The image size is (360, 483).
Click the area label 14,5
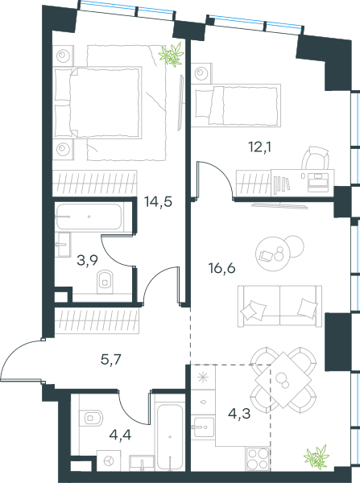158,202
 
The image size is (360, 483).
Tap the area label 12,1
260,147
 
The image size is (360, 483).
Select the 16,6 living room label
222,268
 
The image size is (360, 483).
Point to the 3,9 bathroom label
87,261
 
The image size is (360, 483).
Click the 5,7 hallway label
111,359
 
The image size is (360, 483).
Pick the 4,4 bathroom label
120,435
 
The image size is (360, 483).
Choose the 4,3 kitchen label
239,414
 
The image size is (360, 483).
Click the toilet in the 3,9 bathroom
106,282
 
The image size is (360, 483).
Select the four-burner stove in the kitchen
258,459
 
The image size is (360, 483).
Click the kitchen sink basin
202,427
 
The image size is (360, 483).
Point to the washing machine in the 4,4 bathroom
109,460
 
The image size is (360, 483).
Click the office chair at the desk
316,159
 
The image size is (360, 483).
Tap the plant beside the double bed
172,55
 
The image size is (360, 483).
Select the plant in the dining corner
317,457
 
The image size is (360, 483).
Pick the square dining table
283,380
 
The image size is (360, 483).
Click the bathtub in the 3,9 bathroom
89,217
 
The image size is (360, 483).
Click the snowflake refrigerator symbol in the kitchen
203,378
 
